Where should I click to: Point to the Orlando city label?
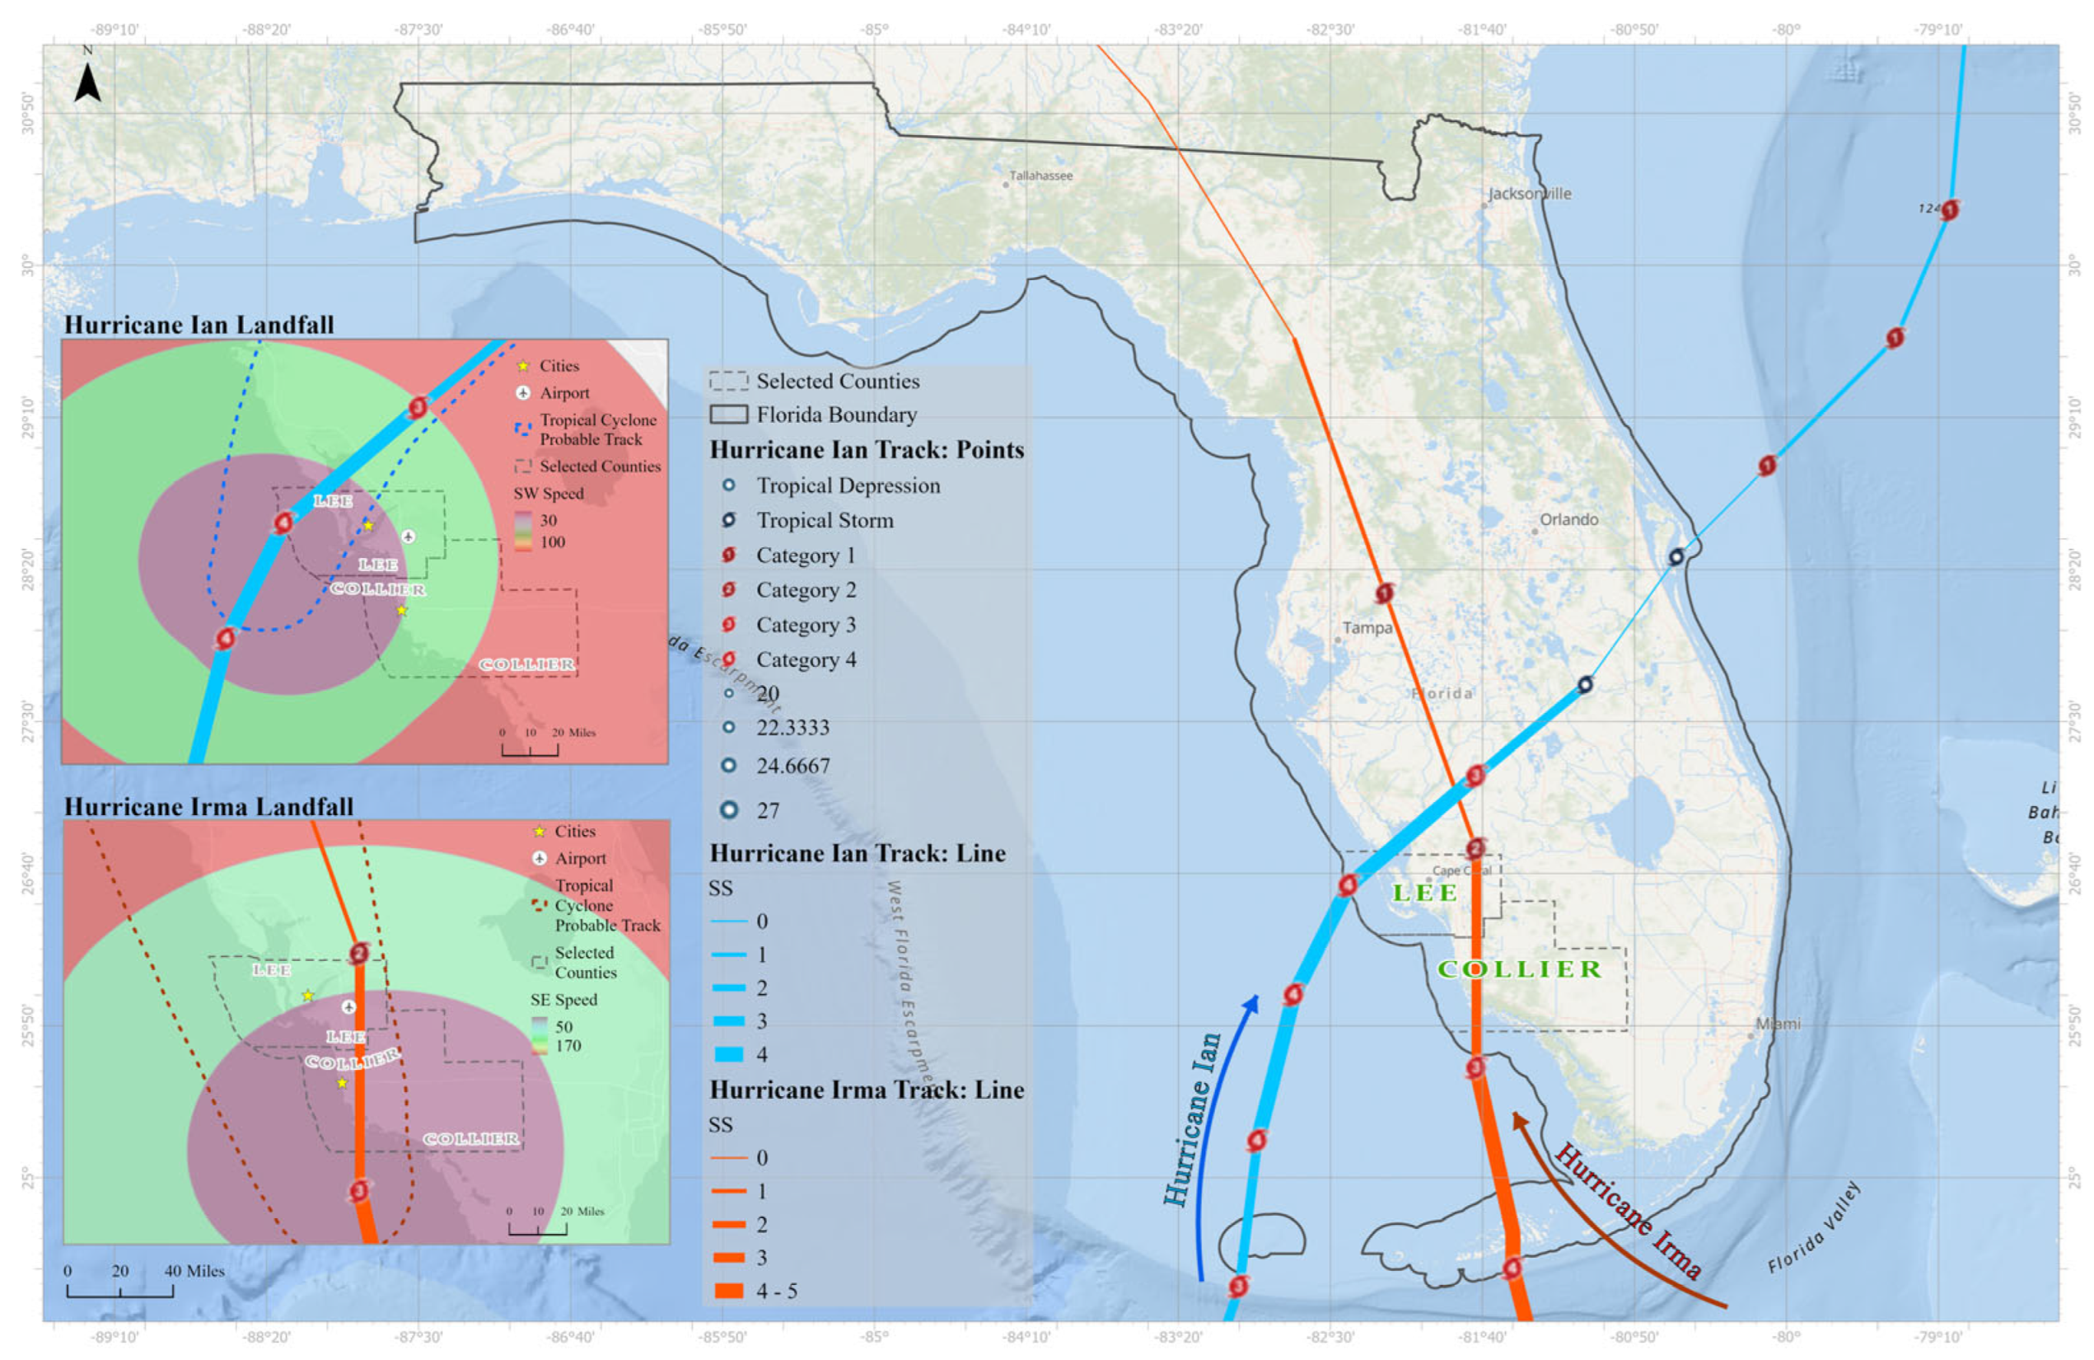1568,519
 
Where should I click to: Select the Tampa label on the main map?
1367,627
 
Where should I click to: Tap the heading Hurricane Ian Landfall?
199,325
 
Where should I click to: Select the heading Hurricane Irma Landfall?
208,806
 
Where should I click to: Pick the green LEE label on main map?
1425,893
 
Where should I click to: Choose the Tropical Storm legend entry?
825,520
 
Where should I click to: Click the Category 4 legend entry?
805,659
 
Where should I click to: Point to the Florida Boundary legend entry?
836,415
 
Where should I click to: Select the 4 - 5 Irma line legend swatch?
728,1291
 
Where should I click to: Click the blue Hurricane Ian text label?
1193,1118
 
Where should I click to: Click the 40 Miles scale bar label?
194,1271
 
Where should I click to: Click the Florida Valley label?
1814,1227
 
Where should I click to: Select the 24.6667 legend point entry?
792,766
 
